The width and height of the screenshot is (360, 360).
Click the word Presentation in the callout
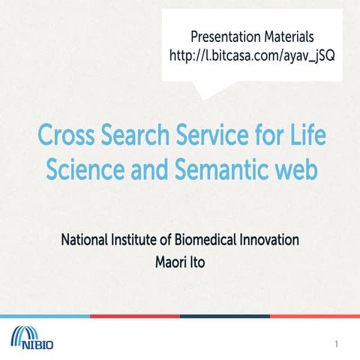pos(221,35)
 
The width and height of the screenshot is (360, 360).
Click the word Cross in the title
pos(67,138)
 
